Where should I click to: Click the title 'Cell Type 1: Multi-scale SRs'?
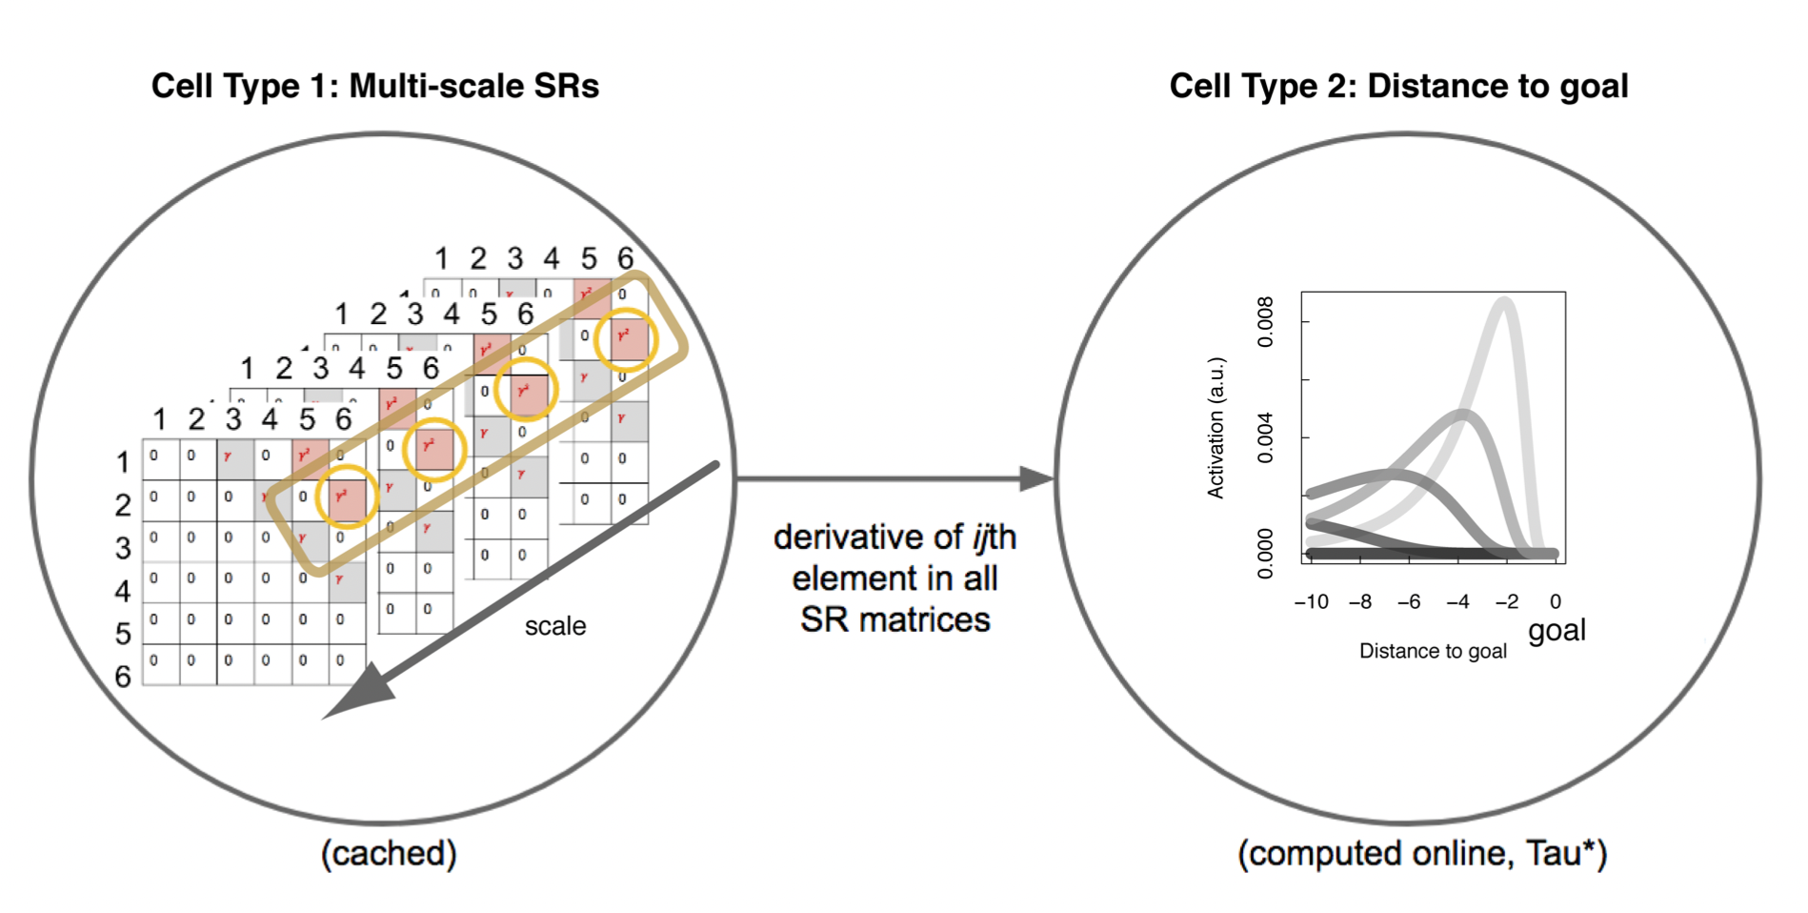(374, 86)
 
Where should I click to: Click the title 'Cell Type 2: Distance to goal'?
(1398, 86)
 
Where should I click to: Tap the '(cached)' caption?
(389, 853)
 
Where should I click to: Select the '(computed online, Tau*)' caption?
(1422, 853)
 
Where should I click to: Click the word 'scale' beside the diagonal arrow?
(555, 626)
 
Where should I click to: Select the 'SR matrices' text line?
(894, 619)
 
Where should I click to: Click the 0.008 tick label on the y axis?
(1265, 322)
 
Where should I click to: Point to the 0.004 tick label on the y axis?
(1265, 438)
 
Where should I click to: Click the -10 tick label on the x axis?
(1312, 601)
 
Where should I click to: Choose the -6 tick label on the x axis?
(1409, 601)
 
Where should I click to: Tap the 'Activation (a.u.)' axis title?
(1215, 428)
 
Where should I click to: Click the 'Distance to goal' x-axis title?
(1433, 651)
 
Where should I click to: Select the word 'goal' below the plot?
(1557, 630)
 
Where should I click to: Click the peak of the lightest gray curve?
(1504, 303)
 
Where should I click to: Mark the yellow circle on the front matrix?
(347, 497)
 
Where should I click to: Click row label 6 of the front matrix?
(123, 676)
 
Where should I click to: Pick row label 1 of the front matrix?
(123, 462)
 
